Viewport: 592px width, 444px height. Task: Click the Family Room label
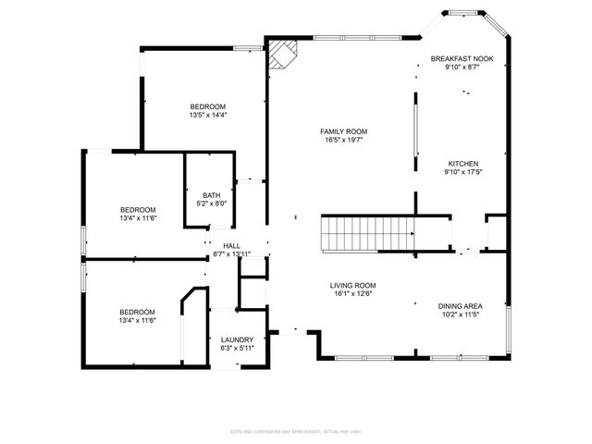(344, 131)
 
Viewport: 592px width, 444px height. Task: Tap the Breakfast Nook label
(462, 58)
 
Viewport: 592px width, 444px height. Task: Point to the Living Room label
(353, 286)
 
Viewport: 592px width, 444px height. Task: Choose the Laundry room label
(238, 339)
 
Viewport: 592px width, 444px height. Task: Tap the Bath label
(212, 194)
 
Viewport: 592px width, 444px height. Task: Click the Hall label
(231, 245)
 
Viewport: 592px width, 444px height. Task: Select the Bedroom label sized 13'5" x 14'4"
(207, 106)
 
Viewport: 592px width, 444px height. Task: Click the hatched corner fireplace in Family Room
(280, 55)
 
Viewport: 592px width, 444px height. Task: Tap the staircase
(367, 232)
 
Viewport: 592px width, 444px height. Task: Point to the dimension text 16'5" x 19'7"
(344, 141)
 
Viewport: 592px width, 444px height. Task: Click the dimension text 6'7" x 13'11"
(231, 254)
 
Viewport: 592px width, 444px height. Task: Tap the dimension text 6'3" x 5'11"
(238, 349)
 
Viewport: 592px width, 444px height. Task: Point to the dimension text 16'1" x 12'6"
(353, 295)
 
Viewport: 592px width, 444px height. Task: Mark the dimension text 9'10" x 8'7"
(462, 68)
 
